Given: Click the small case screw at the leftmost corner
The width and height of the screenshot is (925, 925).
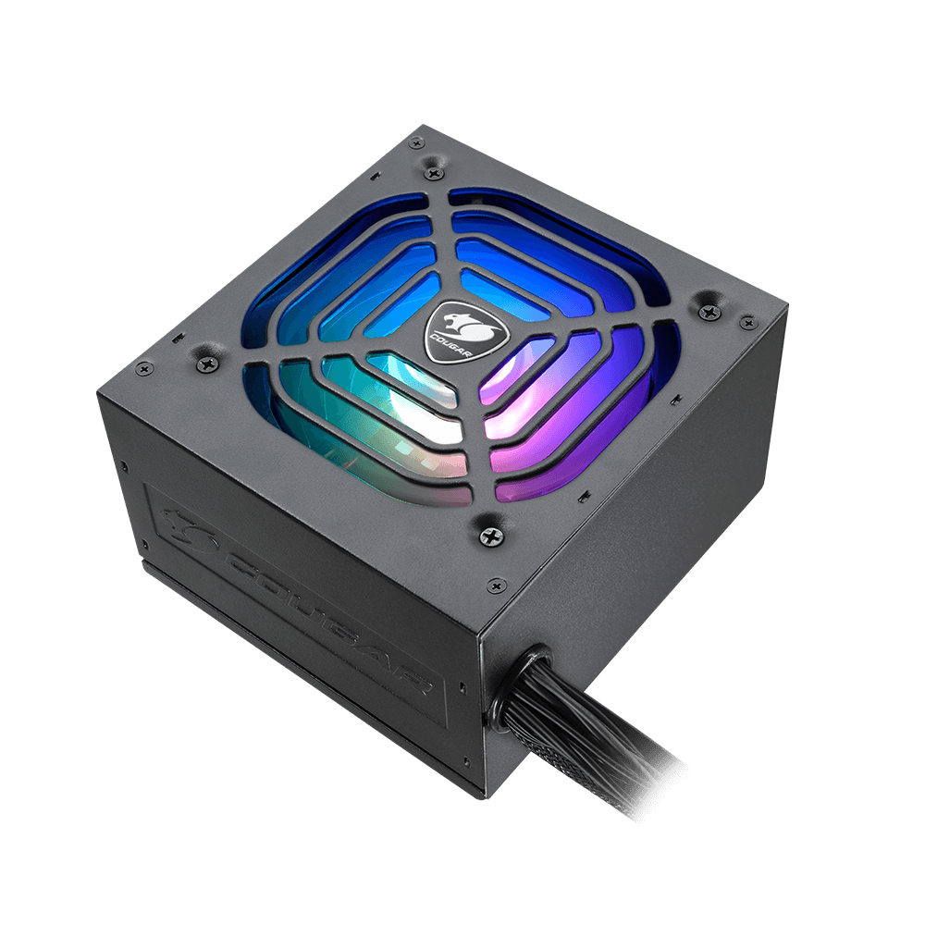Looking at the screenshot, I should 143,369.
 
